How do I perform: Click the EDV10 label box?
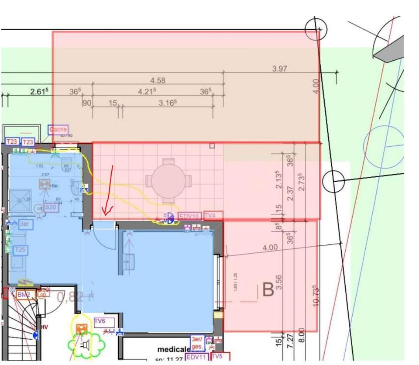[190, 216]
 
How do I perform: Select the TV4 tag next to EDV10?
[213, 216]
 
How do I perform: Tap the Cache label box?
[58, 130]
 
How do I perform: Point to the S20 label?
[51, 208]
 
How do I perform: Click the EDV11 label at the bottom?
[196, 357]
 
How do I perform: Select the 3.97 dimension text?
[280, 69]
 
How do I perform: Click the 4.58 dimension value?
[158, 80]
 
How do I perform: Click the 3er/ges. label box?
[197, 343]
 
